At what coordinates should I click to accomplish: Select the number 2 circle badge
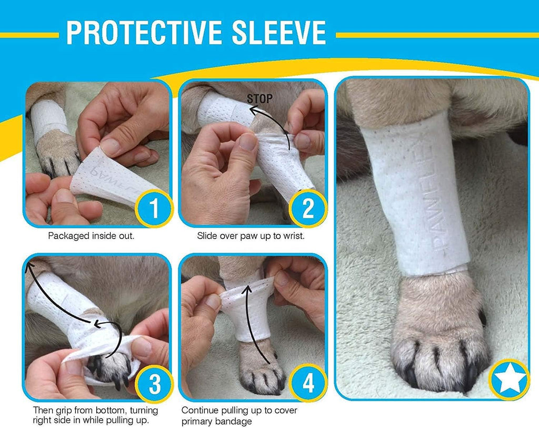pyautogui.click(x=308, y=208)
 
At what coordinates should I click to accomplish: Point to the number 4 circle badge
pyautogui.click(x=308, y=385)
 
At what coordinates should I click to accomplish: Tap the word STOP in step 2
pyautogui.click(x=259, y=98)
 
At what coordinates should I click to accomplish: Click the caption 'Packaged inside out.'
pyautogui.click(x=91, y=236)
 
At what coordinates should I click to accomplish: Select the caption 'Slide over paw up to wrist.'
pyautogui.click(x=251, y=236)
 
